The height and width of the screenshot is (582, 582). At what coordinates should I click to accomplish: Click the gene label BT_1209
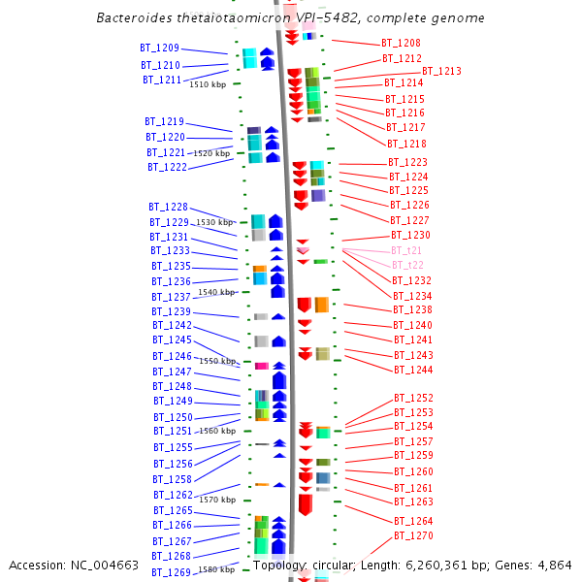click(159, 48)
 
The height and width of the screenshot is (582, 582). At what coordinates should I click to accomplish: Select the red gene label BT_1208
click(401, 44)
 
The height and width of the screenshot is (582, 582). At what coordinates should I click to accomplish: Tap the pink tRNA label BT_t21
click(406, 250)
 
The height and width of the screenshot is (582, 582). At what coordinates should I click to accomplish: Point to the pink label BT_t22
click(407, 266)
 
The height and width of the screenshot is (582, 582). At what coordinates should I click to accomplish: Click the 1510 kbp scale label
click(207, 85)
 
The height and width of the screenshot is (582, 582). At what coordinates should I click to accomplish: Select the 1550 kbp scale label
click(217, 361)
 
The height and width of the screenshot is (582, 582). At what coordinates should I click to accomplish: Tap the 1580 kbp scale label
click(215, 569)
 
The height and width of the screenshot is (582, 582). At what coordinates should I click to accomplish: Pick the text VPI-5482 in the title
click(329, 18)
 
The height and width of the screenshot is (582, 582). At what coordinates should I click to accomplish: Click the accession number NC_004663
click(103, 565)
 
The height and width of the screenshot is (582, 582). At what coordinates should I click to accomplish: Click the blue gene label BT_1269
click(172, 572)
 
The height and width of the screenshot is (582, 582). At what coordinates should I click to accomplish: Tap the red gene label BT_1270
click(413, 536)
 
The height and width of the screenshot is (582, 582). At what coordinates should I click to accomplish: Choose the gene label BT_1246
click(172, 357)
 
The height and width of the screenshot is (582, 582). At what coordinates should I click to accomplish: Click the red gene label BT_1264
click(413, 522)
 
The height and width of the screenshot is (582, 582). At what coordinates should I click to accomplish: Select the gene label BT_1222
click(168, 168)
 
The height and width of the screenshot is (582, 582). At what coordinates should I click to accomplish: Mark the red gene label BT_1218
click(405, 144)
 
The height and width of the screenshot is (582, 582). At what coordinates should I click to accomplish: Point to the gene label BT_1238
click(412, 310)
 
